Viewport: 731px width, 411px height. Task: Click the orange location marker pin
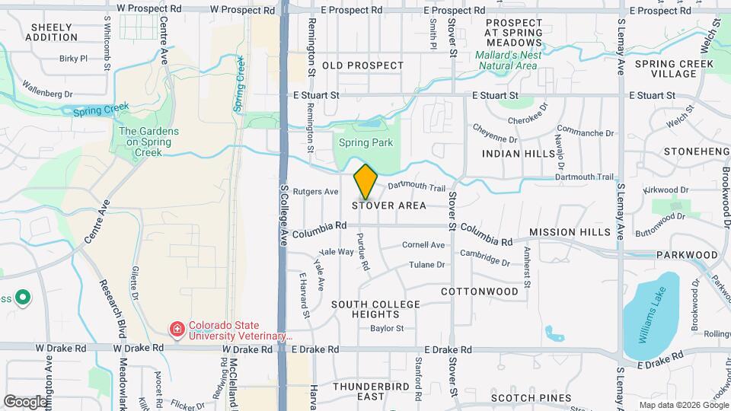pyautogui.click(x=366, y=181)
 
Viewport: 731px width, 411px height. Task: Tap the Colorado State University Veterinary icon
pyautogui.click(x=177, y=329)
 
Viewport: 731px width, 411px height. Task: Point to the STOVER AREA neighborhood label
pyautogui.click(x=388, y=205)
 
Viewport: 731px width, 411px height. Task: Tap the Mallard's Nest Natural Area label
pyautogui.click(x=508, y=60)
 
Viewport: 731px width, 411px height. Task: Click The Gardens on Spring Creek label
pyautogui.click(x=149, y=142)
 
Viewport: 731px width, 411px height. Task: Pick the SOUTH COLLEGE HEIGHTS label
pyautogui.click(x=375, y=309)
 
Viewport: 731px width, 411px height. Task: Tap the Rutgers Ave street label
pyautogui.click(x=315, y=192)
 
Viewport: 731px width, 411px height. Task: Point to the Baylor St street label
pyautogui.click(x=387, y=329)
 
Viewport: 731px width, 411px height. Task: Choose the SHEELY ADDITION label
pyautogui.click(x=53, y=32)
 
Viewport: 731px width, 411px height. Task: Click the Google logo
pyautogui.click(x=24, y=401)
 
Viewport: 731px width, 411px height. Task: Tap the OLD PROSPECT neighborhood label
pyautogui.click(x=362, y=65)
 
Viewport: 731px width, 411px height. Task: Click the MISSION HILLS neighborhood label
pyautogui.click(x=570, y=232)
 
